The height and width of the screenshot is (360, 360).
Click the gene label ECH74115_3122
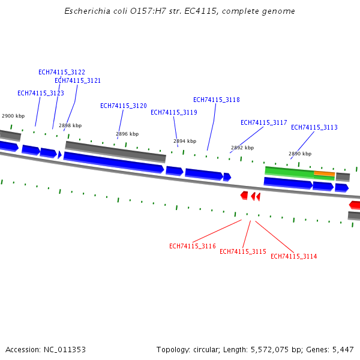(x=62, y=72)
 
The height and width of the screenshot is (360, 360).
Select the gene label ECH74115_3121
(x=77, y=80)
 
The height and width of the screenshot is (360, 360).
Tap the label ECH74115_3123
(x=41, y=93)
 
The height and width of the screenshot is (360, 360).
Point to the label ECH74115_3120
(x=124, y=106)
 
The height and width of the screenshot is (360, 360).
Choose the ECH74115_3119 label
(x=174, y=112)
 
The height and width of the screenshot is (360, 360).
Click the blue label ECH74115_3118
(x=217, y=100)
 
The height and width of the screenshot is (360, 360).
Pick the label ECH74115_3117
(x=264, y=122)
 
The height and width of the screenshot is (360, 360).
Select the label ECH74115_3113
(x=314, y=127)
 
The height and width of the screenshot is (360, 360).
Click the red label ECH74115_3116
(x=193, y=246)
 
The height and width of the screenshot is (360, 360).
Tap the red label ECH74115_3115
(x=243, y=251)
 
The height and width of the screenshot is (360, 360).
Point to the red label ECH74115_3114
(x=294, y=256)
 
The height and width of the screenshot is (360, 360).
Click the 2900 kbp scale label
(x=13, y=116)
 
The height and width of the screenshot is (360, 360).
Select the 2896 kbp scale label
(x=127, y=134)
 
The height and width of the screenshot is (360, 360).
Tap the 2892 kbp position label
(x=242, y=148)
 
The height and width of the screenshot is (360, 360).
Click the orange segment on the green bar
(x=324, y=173)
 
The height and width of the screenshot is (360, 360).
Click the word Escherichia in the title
(x=87, y=11)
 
